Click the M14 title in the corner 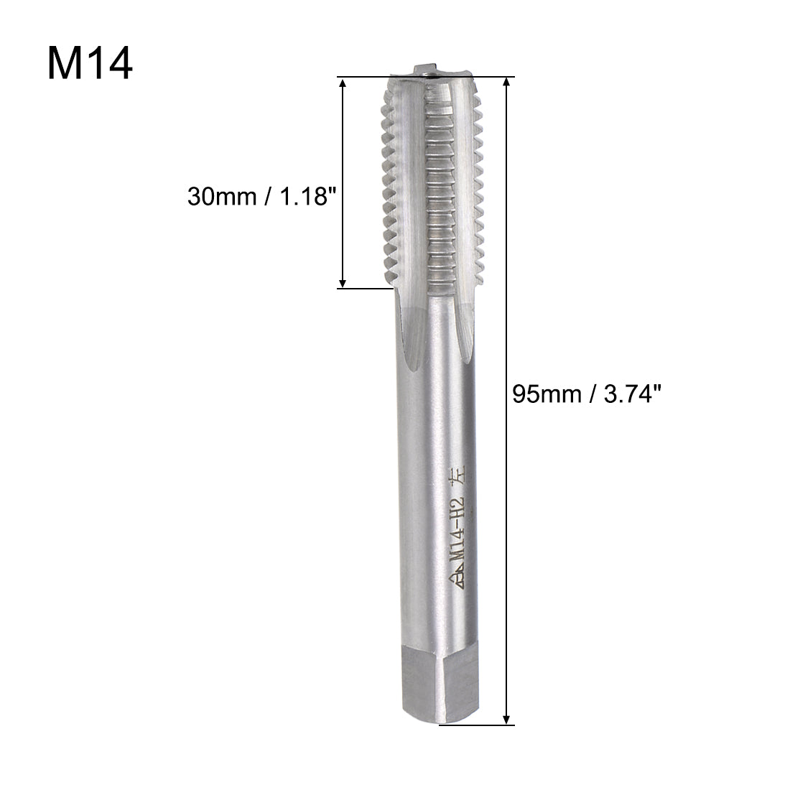[x=90, y=65]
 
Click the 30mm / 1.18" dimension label [x=261, y=196]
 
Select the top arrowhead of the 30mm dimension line [x=343, y=85]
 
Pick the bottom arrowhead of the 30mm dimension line [x=343, y=282]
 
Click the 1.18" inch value [x=309, y=196]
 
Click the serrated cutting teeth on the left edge [x=388, y=187]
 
